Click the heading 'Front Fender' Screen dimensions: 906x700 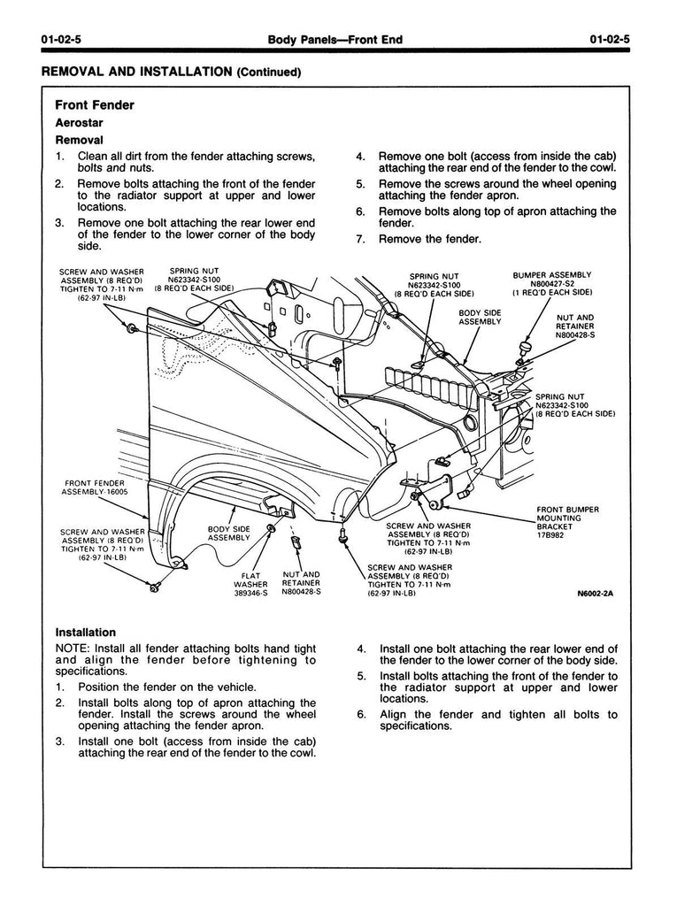pos(95,105)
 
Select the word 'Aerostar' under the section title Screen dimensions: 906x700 pos(81,123)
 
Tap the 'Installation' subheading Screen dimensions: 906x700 pos(86,633)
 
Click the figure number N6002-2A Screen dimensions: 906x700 pos(595,594)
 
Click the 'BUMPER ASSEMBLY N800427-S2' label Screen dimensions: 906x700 pos(551,283)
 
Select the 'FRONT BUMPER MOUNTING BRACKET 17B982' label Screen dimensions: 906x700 pos(567,522)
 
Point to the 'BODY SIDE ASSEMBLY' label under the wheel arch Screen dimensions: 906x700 pos(228,533)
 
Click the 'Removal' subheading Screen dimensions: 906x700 pos(80,140)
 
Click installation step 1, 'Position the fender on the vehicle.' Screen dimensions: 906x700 pos(167,687)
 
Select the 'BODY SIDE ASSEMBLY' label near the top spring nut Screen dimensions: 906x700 pos(480,317)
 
